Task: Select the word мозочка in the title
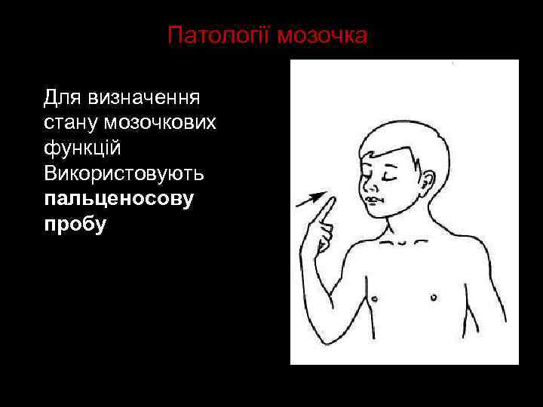coord(323,36)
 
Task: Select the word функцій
coord(82,148)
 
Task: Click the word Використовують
coord(124,173)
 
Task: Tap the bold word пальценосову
coord(119,199)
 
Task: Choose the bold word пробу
coord(75,224)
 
